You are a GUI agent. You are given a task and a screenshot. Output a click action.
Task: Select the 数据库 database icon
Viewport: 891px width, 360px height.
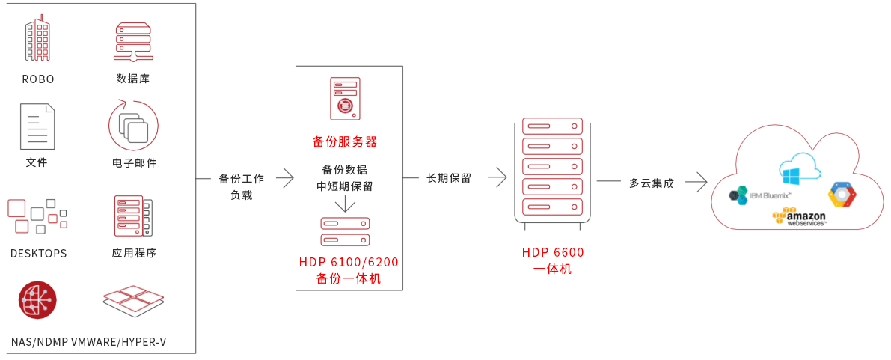point(133,41)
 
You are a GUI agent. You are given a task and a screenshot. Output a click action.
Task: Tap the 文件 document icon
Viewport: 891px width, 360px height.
point(37,126)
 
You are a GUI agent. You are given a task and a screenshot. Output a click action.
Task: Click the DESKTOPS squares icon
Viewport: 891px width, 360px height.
point(37,216)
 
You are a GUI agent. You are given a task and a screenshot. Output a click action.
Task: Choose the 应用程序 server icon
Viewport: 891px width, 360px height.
point(133,216)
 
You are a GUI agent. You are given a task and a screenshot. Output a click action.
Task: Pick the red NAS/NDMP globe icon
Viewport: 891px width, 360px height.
point(38,300)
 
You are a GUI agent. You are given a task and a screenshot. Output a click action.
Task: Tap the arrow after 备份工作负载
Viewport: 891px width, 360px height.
point(285,178)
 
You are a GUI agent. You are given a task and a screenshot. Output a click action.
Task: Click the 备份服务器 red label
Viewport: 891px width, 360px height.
point(344,141)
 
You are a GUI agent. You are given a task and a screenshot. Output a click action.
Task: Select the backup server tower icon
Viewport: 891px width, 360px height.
point(345,99)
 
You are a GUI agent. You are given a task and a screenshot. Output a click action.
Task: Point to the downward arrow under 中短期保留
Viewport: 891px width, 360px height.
point(345,203)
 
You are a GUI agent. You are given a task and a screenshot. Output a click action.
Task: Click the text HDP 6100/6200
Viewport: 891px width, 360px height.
point(349,262)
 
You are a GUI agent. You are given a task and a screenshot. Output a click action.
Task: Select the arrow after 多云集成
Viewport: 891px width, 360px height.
point(696,181)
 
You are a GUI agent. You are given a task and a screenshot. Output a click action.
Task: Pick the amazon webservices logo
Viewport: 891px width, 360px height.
point(800,217)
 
